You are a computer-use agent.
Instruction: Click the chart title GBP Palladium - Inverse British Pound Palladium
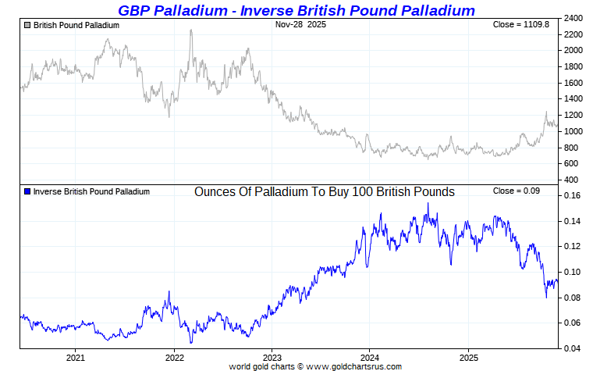tap(296, 10)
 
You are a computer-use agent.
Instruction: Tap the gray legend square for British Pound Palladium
tap(28, 25)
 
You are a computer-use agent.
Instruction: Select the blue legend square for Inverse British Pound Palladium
tap(28, 191)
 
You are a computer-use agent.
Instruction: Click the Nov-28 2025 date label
tap(301, 25)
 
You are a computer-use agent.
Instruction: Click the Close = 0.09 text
tap(515, 191)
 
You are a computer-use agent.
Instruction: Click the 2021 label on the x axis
tap(75, 358)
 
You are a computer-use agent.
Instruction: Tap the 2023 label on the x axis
tap(272, 358)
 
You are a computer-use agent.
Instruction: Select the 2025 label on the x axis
tap(467, 358)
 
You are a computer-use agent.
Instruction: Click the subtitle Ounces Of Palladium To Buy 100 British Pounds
tap(324, 191)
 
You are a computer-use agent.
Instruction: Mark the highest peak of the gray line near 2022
tap(191, 30)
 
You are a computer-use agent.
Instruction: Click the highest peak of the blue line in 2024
tap(427, 204)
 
